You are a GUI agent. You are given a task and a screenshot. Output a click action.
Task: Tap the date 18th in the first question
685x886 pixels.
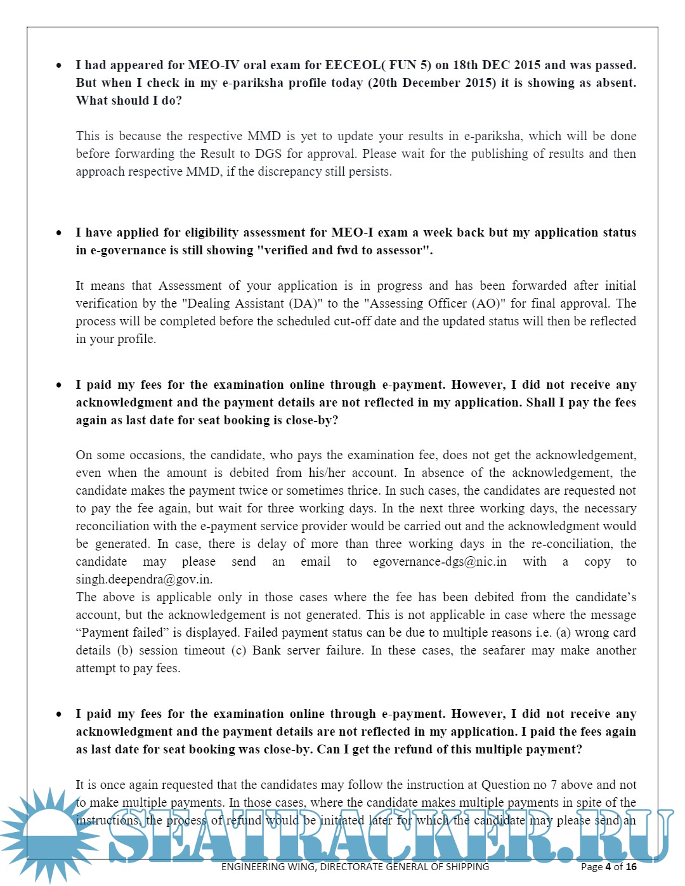466,65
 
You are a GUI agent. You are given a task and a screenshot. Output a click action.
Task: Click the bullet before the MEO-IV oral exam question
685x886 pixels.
59,65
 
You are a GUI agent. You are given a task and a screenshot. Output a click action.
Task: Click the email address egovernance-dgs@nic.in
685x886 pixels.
440,561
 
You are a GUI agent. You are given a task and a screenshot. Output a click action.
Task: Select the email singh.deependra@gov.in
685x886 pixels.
143,579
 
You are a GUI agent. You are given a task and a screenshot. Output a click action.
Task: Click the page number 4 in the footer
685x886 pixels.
608,866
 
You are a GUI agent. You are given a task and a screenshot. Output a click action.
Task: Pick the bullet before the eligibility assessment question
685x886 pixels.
59,233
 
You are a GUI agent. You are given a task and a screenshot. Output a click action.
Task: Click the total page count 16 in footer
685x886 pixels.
631,866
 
